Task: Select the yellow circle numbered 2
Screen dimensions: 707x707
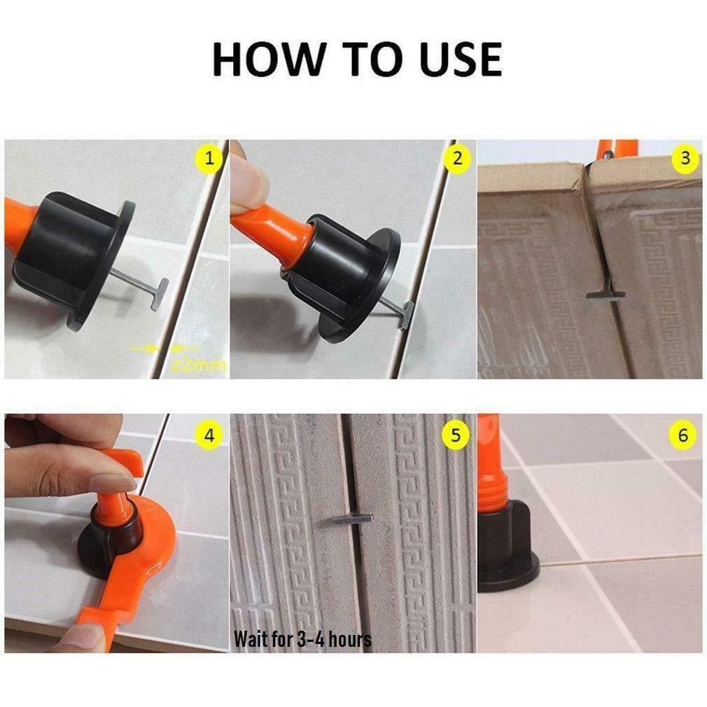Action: (457, 158)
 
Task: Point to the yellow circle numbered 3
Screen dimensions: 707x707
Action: (685, 158)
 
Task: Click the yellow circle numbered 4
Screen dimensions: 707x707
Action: (209, 435)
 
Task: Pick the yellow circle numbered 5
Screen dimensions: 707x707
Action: (456, 435)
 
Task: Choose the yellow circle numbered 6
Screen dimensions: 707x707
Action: (683, 435)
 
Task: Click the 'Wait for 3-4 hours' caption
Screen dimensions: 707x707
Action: (302, 638)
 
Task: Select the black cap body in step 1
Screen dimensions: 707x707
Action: (73, 241)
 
